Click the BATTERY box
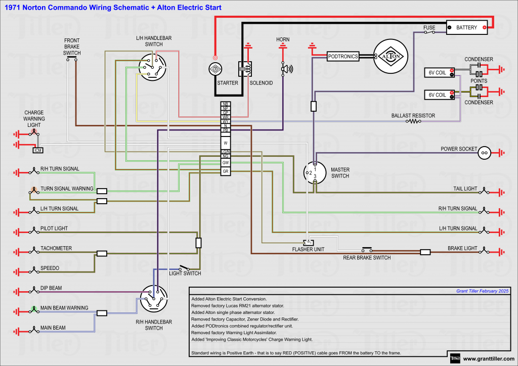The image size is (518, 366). click(466, 27)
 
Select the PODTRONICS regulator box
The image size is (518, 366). click(343, 57)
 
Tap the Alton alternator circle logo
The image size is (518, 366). click(390, 57)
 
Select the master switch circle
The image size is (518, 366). click(315, 172)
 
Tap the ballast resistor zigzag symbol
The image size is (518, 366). click(415, 121)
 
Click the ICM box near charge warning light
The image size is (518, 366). click(38, 150)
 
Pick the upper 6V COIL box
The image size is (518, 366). click(438, 73)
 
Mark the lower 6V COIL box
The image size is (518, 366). click(438, 95)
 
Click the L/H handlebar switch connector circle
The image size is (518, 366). click(153, 67)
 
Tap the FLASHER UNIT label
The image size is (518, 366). click(308, 250)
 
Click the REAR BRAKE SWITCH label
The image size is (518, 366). click(367, 258)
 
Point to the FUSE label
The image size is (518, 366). click(429, 27)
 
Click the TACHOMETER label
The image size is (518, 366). click(56, 248)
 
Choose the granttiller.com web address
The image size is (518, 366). click(488, 359)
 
